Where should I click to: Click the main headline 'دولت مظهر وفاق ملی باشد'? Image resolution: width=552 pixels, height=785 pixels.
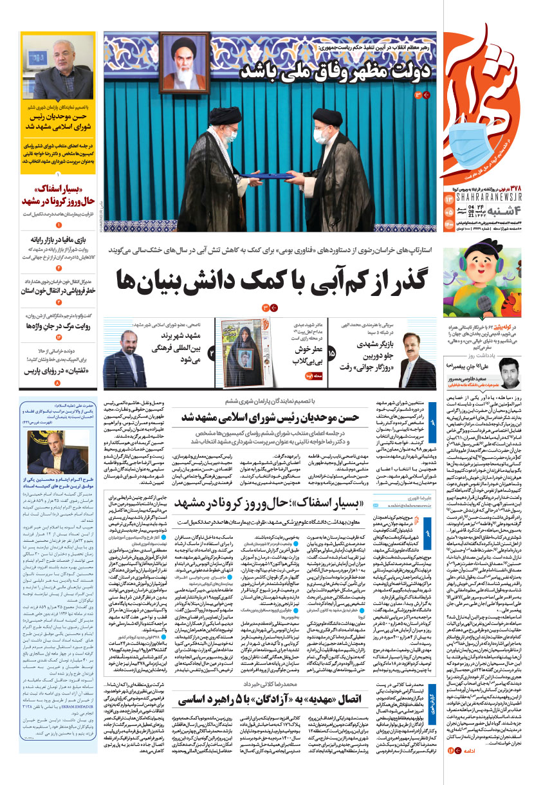[335, 71]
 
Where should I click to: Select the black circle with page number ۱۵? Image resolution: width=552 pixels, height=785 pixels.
[332, 353]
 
